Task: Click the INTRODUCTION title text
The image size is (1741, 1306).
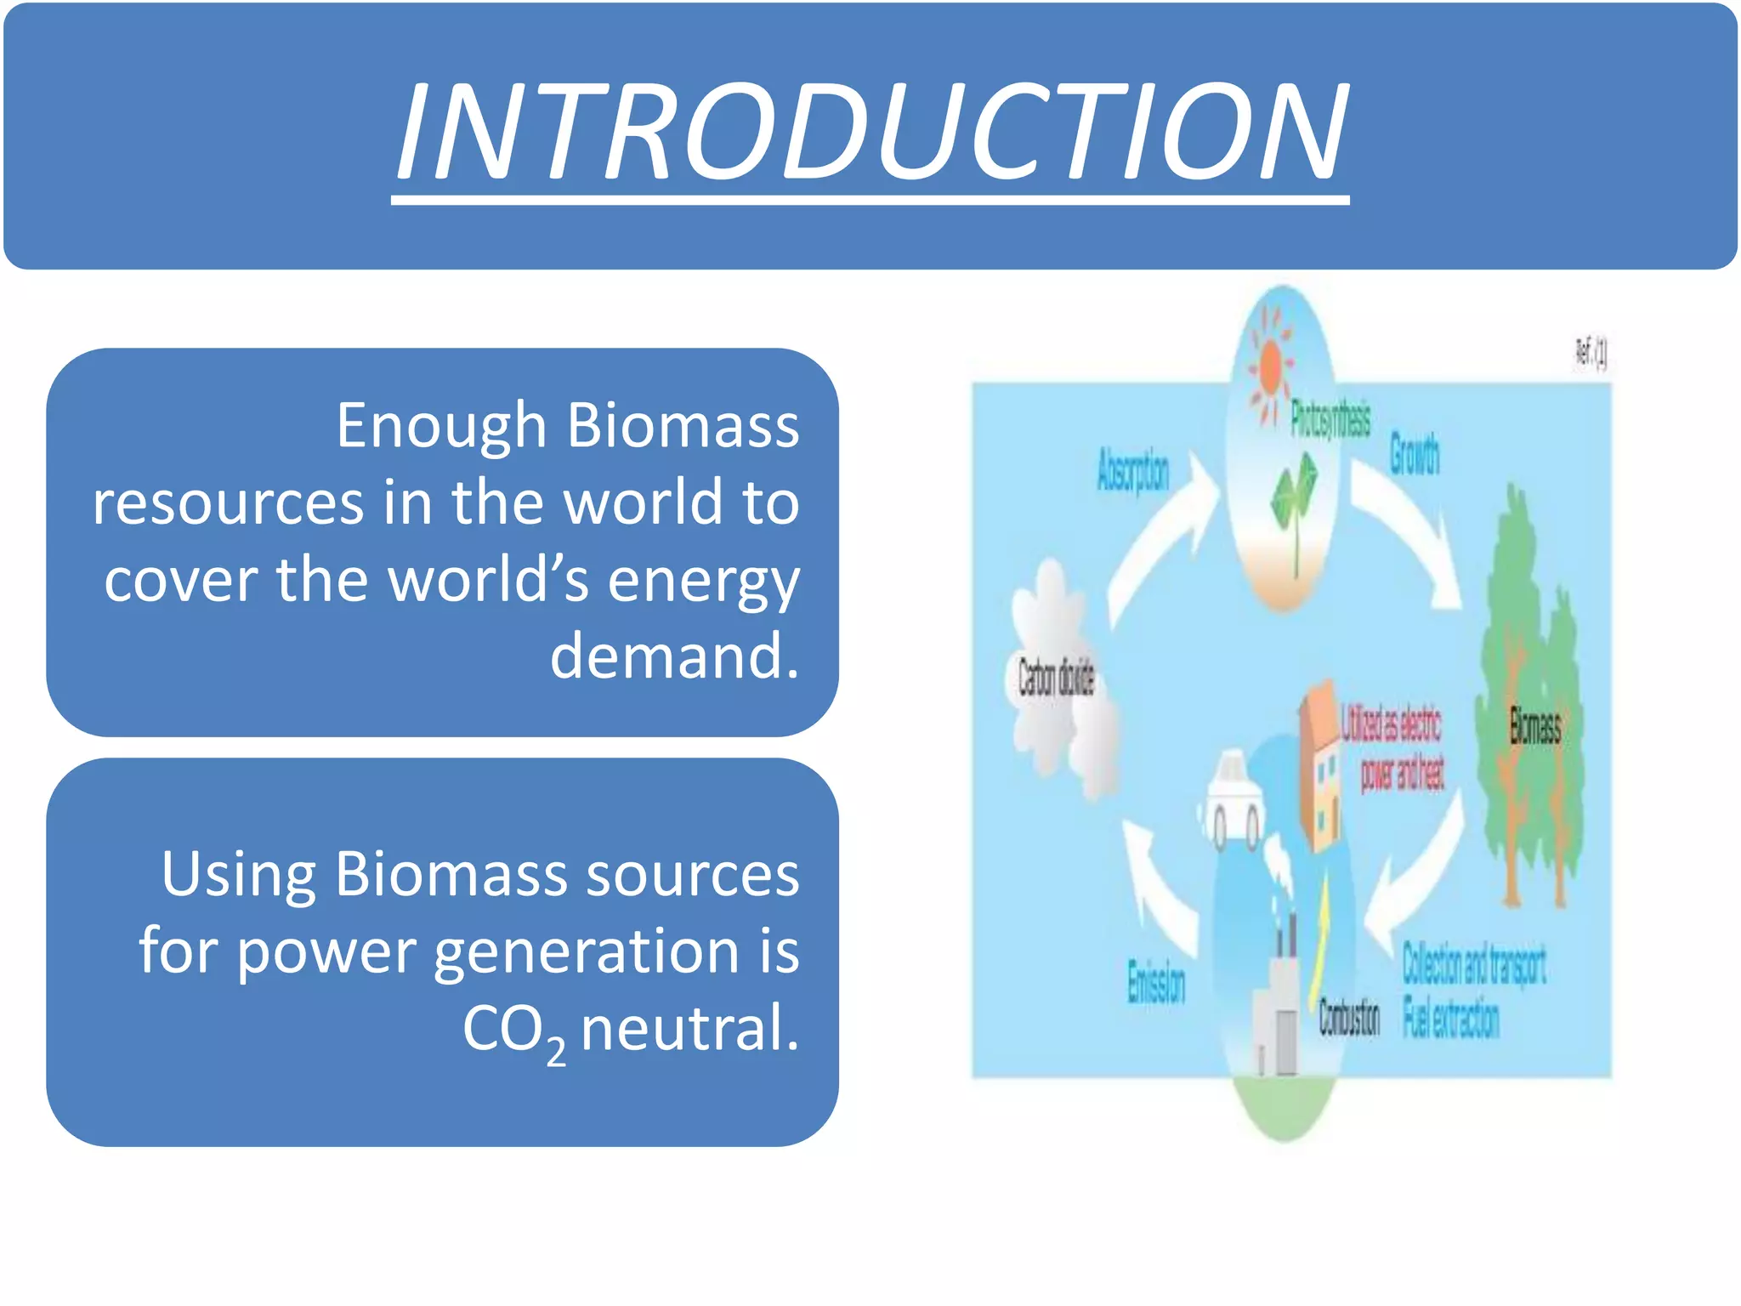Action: [870, 132]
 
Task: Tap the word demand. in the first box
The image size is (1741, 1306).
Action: [674, 656]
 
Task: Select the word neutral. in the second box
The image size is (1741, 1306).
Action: [689, 1027]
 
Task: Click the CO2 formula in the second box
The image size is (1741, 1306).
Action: [513, 1031]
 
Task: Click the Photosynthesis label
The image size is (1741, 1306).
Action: [1330, 420]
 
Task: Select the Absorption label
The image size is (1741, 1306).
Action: [1133, 470]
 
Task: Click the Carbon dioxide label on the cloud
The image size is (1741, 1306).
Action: [1056, 679]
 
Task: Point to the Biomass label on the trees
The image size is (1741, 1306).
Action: [1534, 727]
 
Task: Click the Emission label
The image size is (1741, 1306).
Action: [1155, 983]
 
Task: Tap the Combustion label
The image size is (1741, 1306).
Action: [1349, 1018]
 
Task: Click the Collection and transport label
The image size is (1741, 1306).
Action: [1473, 963]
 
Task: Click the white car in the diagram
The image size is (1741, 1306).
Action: [1230, 799]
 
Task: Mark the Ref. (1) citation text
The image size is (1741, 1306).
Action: [1591, 352]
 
